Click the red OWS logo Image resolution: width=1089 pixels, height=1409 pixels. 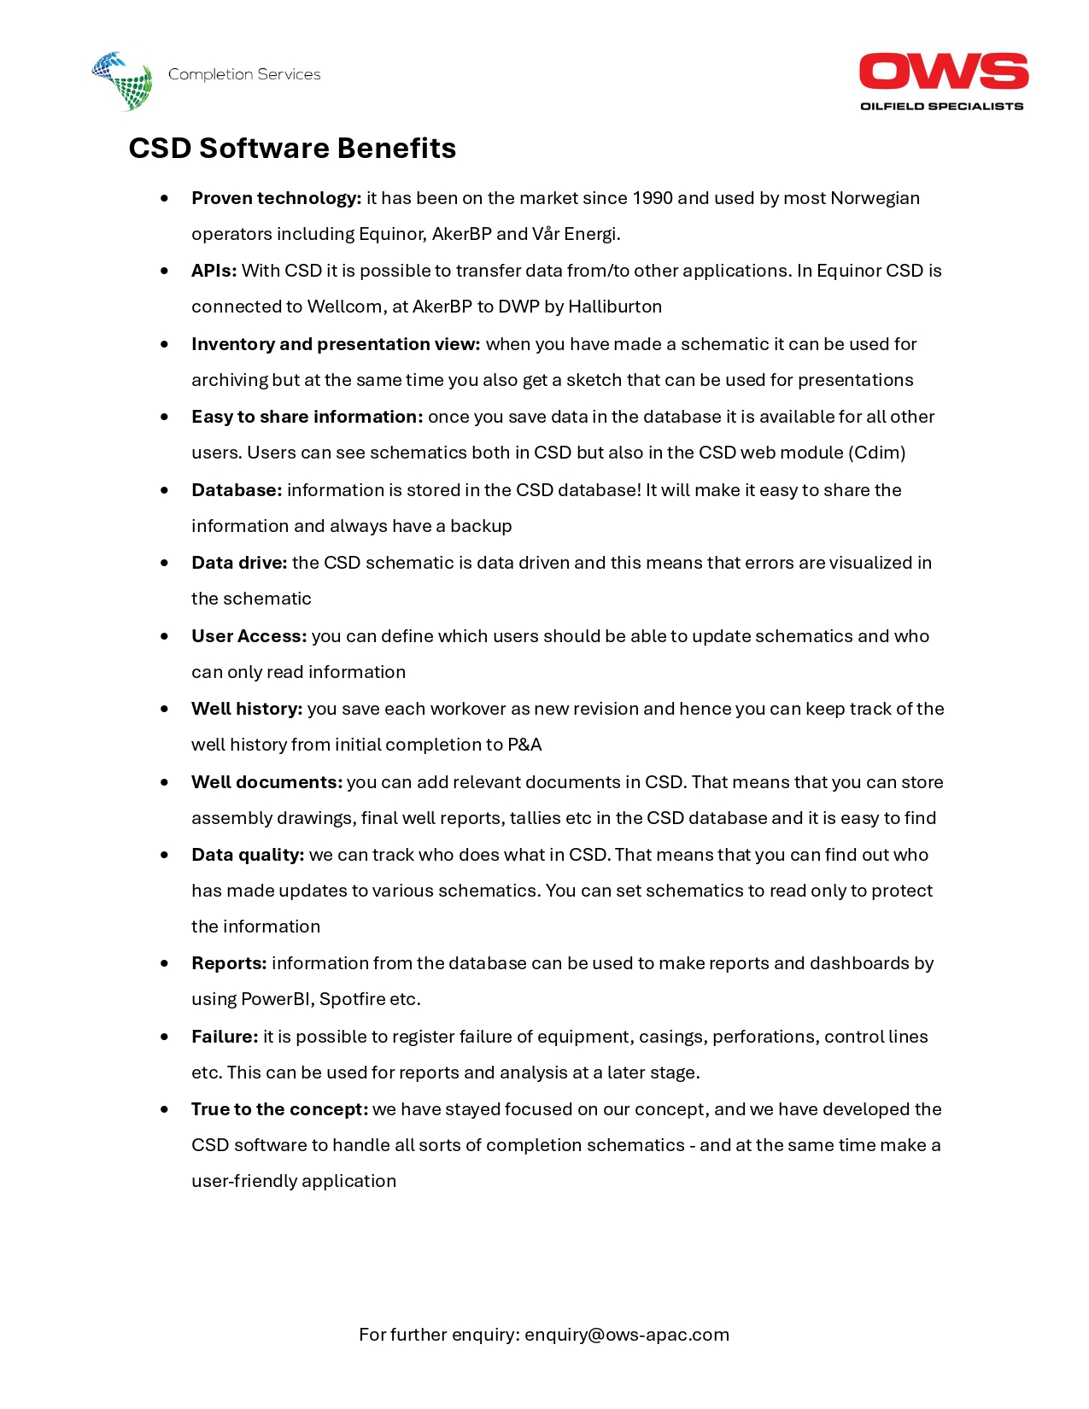[943, 72]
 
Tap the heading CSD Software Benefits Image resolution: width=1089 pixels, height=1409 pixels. [292, 149]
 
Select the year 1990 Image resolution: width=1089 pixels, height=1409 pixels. [653, 198]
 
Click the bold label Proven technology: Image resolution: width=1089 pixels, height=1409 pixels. [276, 198]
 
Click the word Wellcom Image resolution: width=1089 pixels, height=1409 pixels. [344, 307]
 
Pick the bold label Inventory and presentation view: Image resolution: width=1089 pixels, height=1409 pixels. [336, 344]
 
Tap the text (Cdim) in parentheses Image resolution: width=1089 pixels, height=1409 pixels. [877, 453]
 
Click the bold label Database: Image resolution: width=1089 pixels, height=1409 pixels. [237, 490]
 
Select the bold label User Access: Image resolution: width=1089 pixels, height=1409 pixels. [249, 636]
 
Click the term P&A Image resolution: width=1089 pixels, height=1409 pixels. [524, 745]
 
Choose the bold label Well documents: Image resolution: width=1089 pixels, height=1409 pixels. [266, 782]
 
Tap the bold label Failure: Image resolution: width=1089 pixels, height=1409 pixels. [225, 1037]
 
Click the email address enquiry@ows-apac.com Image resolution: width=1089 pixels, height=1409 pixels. [627, 1335]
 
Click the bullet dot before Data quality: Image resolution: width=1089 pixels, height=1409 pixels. [164, 855]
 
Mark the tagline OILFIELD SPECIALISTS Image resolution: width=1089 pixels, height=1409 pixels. [941, 107]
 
